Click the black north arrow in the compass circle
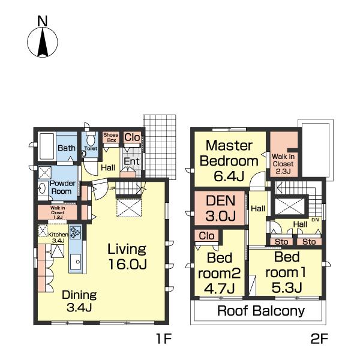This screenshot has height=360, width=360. pos(43,42)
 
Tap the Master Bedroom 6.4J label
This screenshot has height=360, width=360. pos(229,161)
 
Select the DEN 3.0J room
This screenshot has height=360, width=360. pos(220,208)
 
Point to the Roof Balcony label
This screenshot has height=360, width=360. pos(261,311)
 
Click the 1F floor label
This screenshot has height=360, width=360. pos(163,338)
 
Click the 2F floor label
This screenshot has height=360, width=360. pos(319,338)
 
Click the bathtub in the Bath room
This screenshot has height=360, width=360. pos(47,146)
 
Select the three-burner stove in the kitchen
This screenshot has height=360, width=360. pos(76,232)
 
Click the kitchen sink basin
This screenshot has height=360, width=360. pos(76,262)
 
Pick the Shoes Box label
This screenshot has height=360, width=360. pos(111,137)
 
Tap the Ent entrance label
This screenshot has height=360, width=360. pos(131,161)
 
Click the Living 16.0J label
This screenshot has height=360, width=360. pos(127,256)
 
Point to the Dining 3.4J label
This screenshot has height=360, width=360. pos(79,301)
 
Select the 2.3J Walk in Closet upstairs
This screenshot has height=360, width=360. pos(284,154)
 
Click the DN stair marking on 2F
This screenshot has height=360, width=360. pos(315,220)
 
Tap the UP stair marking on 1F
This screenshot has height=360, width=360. pos(112,189)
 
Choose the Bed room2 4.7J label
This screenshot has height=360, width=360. pos(219,273)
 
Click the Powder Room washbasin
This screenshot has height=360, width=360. pos(42,188)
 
